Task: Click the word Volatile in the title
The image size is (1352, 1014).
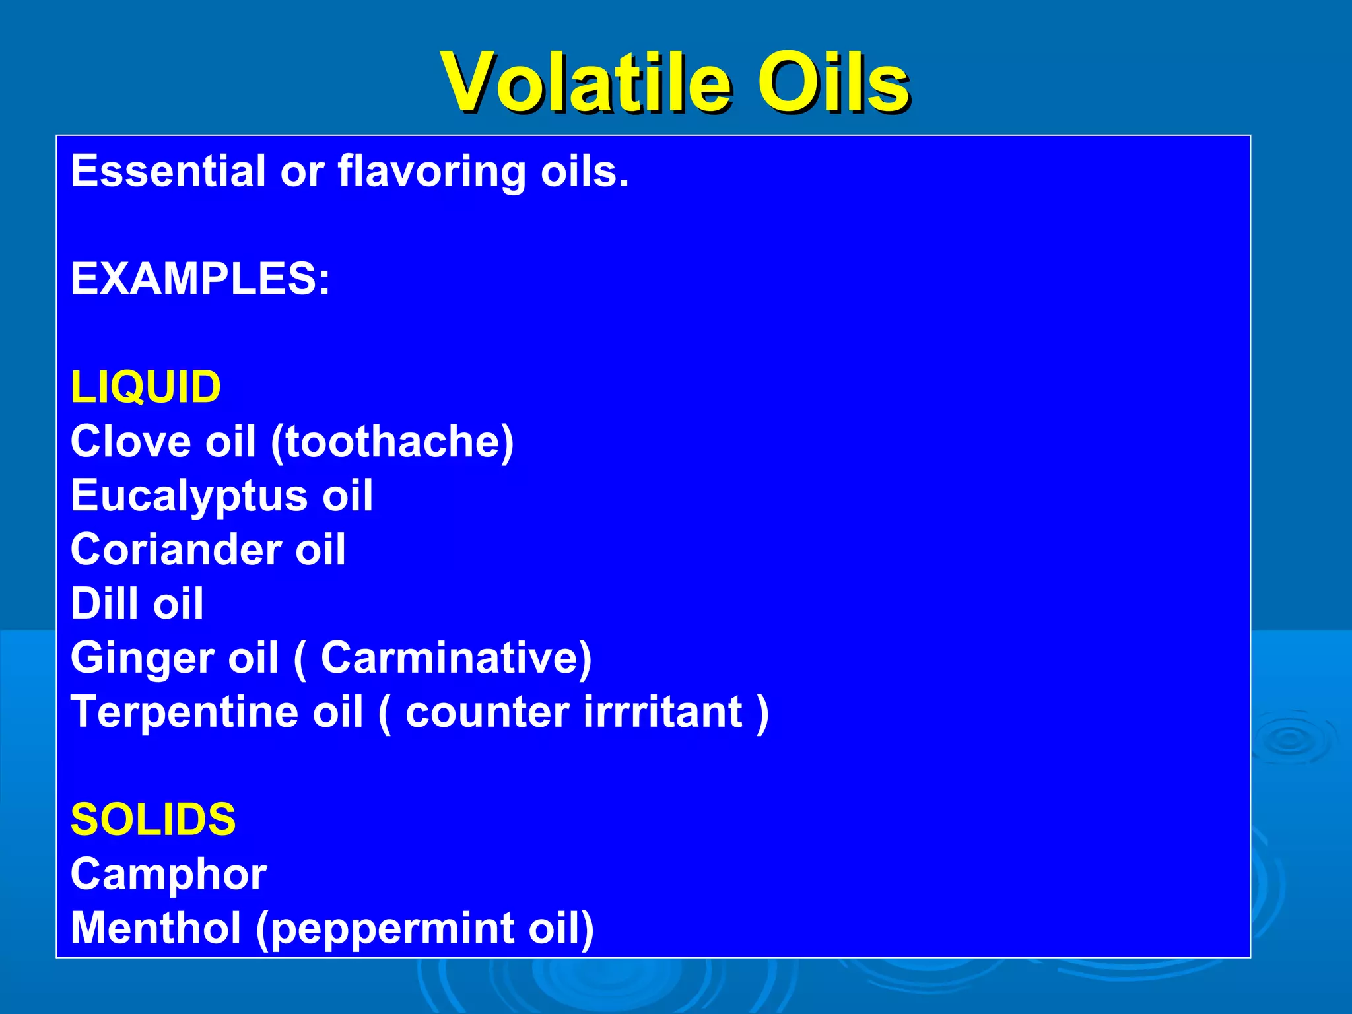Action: [586, 84]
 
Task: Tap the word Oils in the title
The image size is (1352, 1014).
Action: [833, 84]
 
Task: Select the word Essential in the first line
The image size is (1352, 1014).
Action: [168, 171]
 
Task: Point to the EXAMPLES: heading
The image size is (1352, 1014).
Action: [200, 279]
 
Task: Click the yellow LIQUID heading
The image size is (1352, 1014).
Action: [146, 388]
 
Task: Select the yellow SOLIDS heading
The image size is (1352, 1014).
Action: [153, 820]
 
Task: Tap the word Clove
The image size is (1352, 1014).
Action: [131, 442]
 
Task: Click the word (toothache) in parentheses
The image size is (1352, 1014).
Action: [392, 442]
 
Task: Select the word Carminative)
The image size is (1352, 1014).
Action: [456, 658]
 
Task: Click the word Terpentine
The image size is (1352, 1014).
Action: [184, 713]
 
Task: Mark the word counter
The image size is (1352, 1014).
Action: [487, 713]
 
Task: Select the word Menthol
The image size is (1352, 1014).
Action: [156, 928]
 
